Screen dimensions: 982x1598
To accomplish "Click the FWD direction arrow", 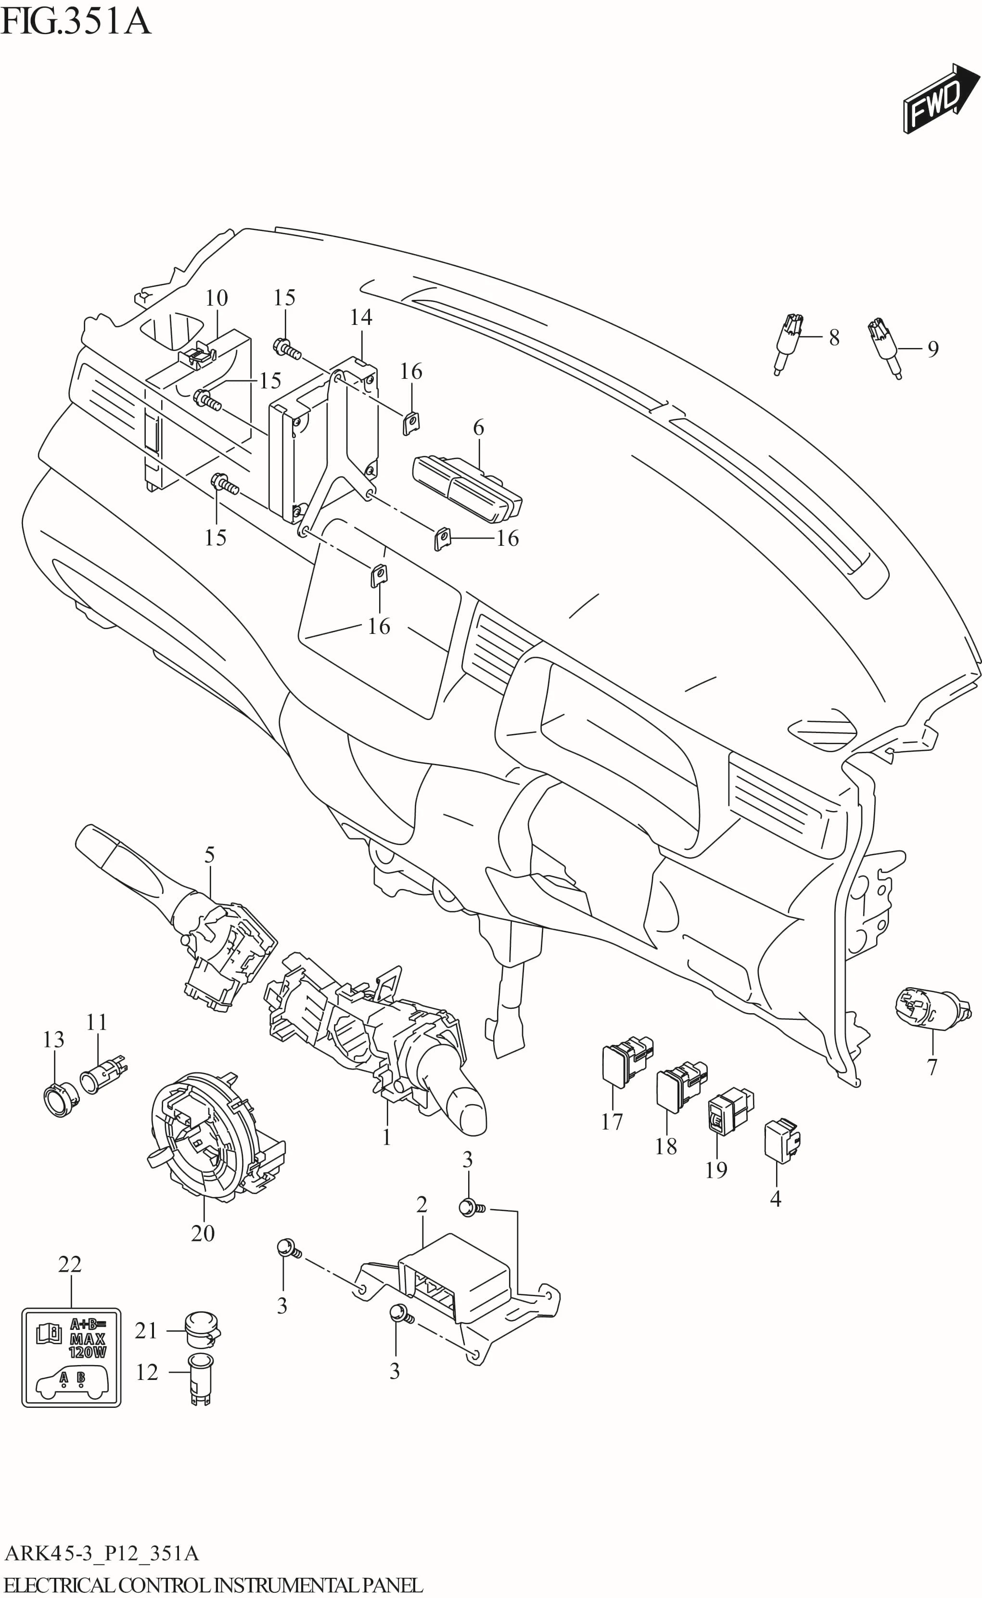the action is tap(941, 99).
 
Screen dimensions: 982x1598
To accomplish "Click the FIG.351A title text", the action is tap(76, 22).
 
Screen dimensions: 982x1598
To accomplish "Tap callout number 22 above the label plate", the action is tap(70, 1263).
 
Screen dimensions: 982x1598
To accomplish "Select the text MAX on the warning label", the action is tap(88, 1338).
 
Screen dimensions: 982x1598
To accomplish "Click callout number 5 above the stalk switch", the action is tap(209, 854).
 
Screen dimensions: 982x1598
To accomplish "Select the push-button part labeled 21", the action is tap(202, 1330).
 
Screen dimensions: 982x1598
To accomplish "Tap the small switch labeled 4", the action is tap(782, 1140).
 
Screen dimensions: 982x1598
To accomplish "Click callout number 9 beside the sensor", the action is tap(932, 349).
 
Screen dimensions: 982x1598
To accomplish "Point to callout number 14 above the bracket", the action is tap(361, 317).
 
